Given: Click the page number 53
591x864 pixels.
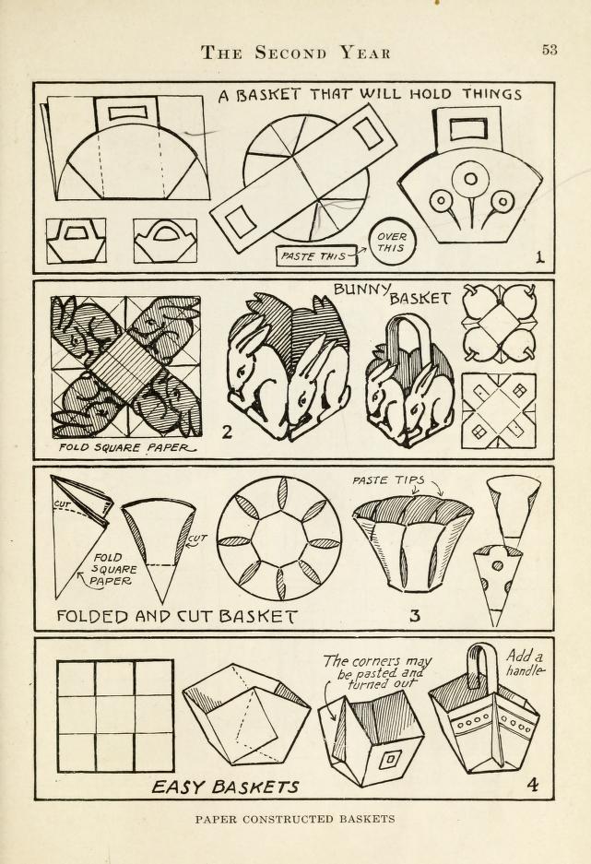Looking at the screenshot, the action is pyautogui.click(x=550, y=50).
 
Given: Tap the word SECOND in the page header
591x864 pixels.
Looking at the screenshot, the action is pyautogui.click(x=290, y=53).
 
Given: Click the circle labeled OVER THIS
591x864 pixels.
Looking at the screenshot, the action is pyautogui.click(x=392, y=242).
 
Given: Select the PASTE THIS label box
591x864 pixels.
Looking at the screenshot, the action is pyautogui.click(x=313, y=255).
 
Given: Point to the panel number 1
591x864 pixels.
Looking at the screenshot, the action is pyautogui.click(x=539, y=256).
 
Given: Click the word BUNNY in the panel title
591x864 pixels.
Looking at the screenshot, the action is pyautogui.click(x=362, y=289).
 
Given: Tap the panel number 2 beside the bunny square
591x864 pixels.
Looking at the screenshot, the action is pyautogui.click(x=227, y=432).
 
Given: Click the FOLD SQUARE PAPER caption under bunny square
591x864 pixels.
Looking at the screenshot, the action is pyautogui.click(x=126, y=447).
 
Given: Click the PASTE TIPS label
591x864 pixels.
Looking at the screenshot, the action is pyautogui.click(x=388, y=479).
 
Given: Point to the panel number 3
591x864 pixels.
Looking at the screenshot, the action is pyautogui.click(x=415, y=614).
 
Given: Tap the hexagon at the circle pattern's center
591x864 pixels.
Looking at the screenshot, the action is pyautogui.click(x=279, y=538).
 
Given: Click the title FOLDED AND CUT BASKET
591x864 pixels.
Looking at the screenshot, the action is pyautogui.click(x=177, y=615).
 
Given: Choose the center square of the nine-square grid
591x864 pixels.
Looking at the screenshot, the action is pyautogui.click(x=115, y=716).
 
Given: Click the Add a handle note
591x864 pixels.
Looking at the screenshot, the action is pyautogui.click(x=525, y=663).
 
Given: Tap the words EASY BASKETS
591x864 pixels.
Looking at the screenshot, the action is pyautogui.click(x=225, y=787).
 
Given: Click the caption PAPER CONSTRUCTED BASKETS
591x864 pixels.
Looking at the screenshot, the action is pyautogui.click(x=295, y=819).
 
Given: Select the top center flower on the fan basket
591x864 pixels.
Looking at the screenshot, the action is pyautogui.click(x=470, y=179).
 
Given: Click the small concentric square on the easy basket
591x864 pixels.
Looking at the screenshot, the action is pyautogui.click(x=389, y=760).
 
